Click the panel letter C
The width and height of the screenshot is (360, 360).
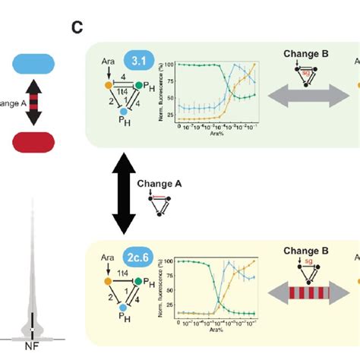[77, 28]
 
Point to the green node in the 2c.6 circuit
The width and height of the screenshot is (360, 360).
[141, 282]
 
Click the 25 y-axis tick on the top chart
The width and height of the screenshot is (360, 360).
[170, 118]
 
